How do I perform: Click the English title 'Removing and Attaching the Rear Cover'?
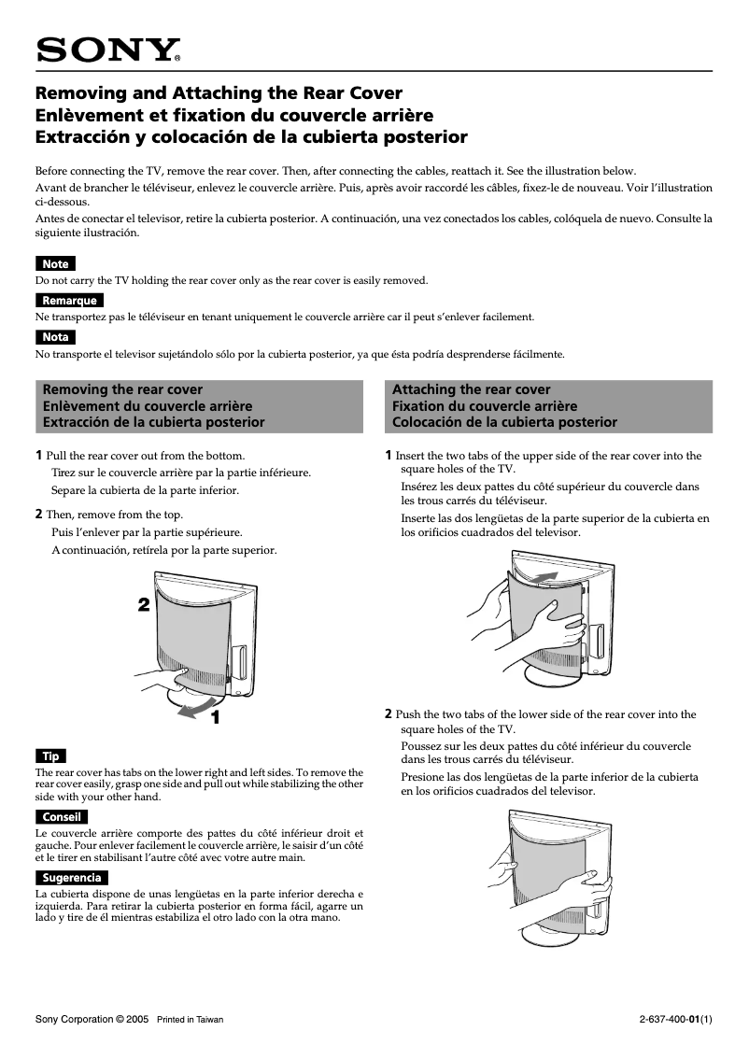[219, 93]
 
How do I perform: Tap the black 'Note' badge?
[55, 264]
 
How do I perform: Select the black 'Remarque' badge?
[68, 301]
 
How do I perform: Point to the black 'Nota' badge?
[55, 337]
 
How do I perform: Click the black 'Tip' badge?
[50, 755]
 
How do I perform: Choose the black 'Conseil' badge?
[61, 817]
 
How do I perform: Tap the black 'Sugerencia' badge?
[71, 878]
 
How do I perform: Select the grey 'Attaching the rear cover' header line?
[471, 389]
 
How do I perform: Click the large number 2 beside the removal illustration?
[143, 604]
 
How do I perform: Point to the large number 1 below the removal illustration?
[215, 717]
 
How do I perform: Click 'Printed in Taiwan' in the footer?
[190, 1019]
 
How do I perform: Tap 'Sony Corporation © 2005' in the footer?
[92, 1019]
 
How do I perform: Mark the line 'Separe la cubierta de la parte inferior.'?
[145, 490]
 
